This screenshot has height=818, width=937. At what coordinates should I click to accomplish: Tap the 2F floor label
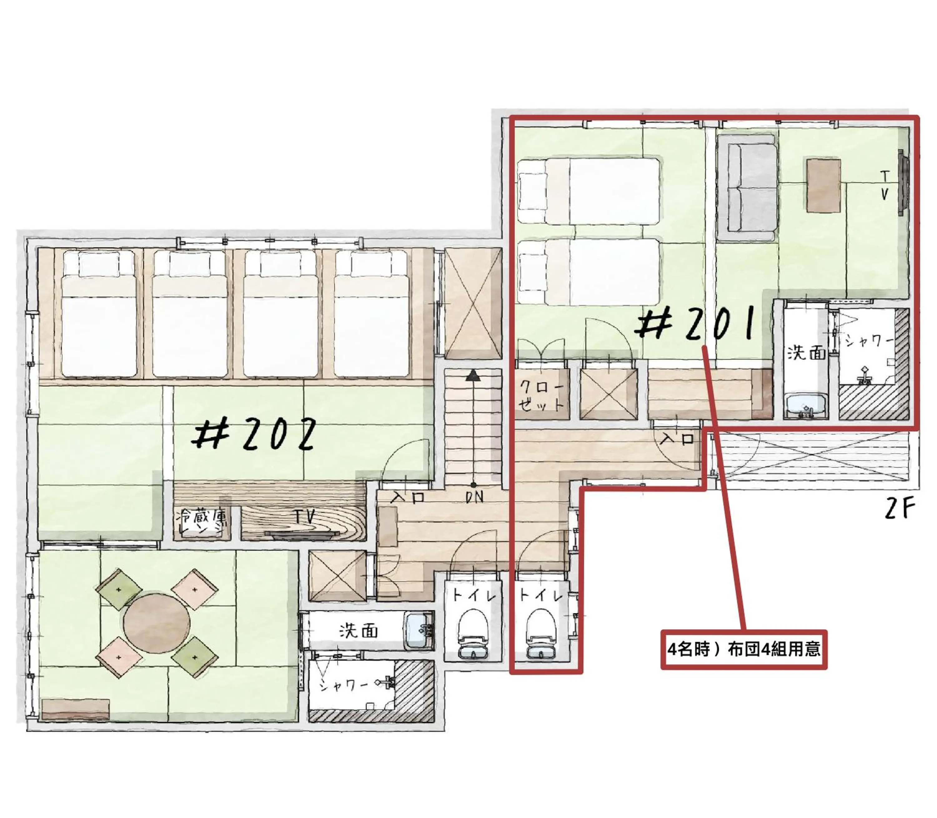(x=900, y=510)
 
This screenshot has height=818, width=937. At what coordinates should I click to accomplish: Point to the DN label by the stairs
(x=475, y=498)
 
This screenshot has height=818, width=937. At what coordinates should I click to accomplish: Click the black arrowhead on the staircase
(x=473, y=375)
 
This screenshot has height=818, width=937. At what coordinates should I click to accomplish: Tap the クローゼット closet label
(x=542, y=395)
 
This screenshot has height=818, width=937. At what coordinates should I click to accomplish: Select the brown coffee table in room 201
(x=823, y=185)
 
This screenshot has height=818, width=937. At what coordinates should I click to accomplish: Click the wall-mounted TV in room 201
(x=901, y=183)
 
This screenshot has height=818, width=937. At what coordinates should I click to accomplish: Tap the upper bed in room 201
(x=589, y=191)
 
